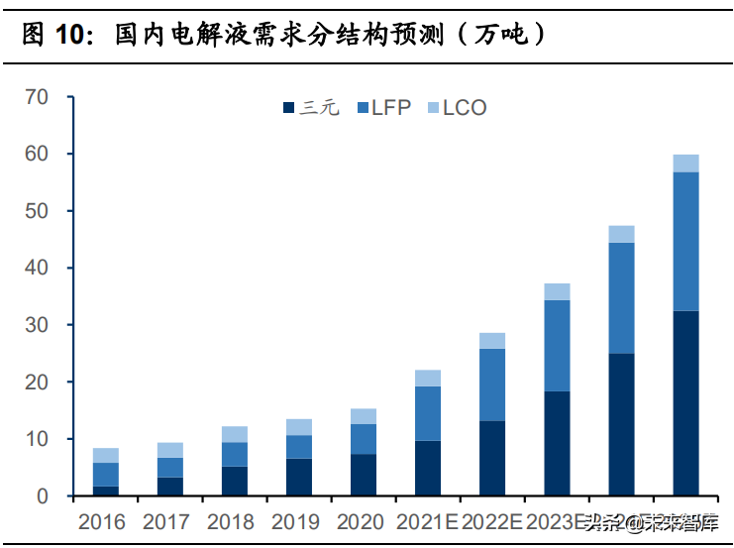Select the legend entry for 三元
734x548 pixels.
point(311,107)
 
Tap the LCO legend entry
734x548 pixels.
point(457,107)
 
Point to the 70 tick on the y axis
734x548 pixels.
point(38,97)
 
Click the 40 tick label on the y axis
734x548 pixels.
point(38,269)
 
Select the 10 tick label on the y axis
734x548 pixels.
point(38,439)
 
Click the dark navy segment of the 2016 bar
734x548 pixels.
point(106,491)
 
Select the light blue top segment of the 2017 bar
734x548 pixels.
point(170,450)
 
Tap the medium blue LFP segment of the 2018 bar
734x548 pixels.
point(235,454)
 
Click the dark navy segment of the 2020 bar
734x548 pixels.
point(364,475)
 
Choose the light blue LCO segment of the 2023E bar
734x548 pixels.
point(557,291)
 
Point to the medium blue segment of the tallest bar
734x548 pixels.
point(685,241)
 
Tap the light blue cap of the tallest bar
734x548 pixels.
point(685,164)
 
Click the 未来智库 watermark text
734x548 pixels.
point(679,521)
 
